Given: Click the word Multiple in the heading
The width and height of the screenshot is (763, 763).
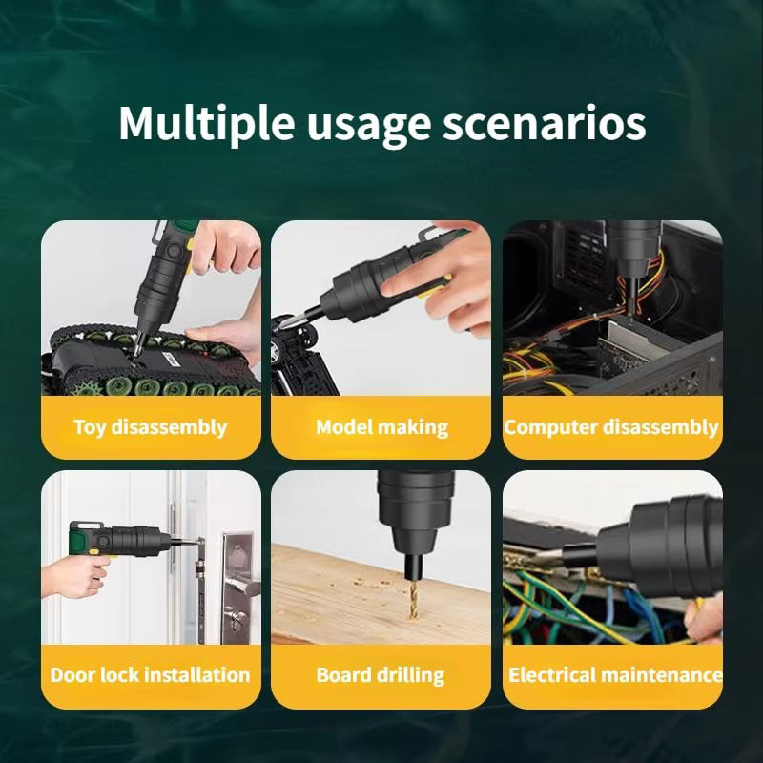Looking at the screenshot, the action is pos(206,124).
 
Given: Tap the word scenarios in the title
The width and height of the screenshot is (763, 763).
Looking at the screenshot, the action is pos(544,124).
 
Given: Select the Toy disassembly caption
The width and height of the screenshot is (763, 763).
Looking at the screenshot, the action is pos(151,427).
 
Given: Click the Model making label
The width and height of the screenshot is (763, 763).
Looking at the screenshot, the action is pos(382,427).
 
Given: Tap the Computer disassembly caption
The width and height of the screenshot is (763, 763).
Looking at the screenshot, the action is pos(611,427).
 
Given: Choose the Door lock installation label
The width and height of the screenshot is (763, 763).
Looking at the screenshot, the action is pos(151,675).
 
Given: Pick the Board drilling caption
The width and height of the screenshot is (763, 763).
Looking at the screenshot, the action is pos(380,675).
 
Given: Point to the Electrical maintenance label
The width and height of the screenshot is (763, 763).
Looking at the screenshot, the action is pos(615,675).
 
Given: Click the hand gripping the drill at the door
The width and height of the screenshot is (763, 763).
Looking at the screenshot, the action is pos(75,577).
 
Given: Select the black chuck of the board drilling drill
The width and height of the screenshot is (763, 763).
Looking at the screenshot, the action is pos(415,517).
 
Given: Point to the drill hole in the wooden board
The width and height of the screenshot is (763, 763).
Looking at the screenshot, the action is pos(413,616).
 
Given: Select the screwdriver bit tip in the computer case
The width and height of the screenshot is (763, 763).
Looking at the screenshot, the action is pos(630,312).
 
